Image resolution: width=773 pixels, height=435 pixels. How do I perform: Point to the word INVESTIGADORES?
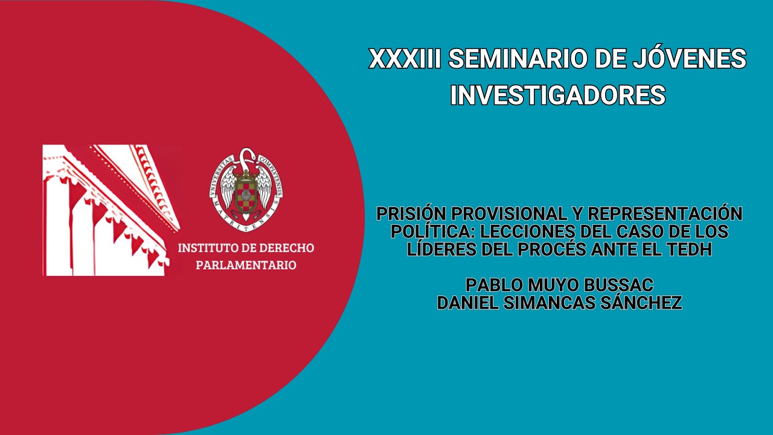pos(557,95)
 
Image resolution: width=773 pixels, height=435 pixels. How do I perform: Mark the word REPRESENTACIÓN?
pos(665,214)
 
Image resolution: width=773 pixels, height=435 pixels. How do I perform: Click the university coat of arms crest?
pos(246,185)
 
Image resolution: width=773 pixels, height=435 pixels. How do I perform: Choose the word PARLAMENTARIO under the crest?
pos(246,265)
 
